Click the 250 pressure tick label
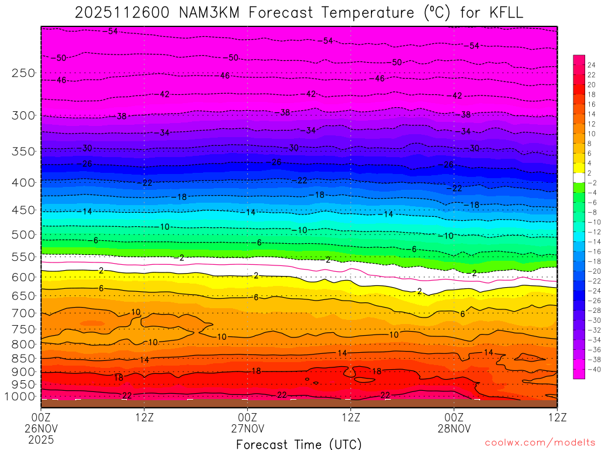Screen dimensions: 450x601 (23, 73)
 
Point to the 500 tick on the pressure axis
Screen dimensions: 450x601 (23, 235)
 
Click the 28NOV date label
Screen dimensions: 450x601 (454, 428)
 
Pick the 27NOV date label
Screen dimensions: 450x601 (248, 428)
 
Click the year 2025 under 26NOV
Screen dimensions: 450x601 (41, 439)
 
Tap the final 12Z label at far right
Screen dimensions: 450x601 (557, 418)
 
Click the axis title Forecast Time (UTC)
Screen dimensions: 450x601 (299, 444)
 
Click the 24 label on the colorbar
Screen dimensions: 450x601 (591, 64)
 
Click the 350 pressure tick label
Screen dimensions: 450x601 (23, 151)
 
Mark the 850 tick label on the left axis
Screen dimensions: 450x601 (23, 358)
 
